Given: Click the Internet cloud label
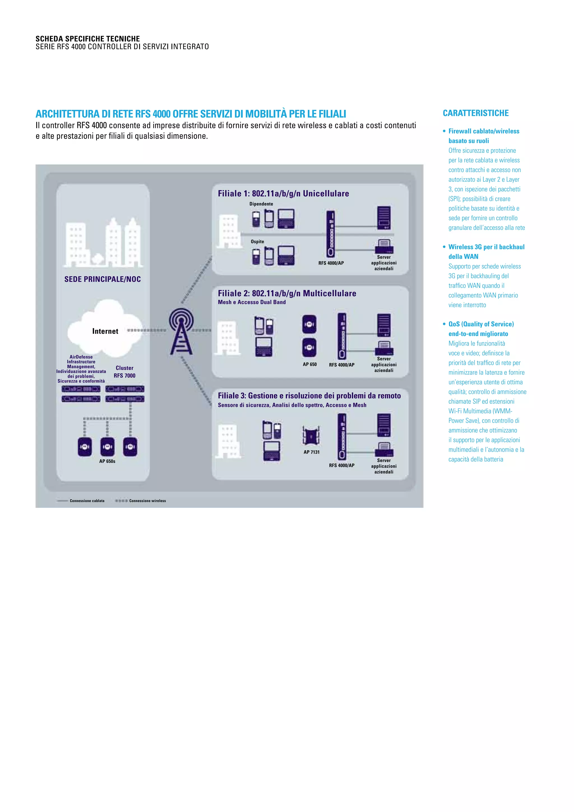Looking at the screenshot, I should pyautogui.click(x=105, y=331).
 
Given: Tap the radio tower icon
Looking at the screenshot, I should pyautogui.click(x=181, y=331).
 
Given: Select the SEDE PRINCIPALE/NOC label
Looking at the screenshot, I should pyautogui.click(x=103, y=279).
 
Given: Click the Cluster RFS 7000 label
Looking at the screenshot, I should pyautogui.click(x=124, y=372).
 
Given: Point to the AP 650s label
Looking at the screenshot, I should pyautogui.click(x=107, y=461).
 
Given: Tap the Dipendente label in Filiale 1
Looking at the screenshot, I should pyautogui.click(x=261, y=204).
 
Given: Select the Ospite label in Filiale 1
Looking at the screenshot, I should pyautogui.click(x=257, y=241).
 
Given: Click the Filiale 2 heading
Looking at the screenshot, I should pyautogui.click(x=287, y=293).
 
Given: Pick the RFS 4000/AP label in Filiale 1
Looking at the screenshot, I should pyautogui.click(x=331, y=263).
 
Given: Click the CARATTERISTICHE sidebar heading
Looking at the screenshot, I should pyautogui.click(x=475, y=113).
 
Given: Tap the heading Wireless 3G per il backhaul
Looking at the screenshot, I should pyautogui.click(x=486, y=247).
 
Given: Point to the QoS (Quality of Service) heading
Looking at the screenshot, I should pyautogui.click(x=481, y=324).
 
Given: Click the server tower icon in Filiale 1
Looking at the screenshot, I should pyautogui.click(x=384, y=218).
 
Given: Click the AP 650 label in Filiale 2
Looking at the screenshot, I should pyautogui.click(x=310, y=364).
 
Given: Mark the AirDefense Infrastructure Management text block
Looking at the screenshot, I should pyautogui.click(x=81, y=369).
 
